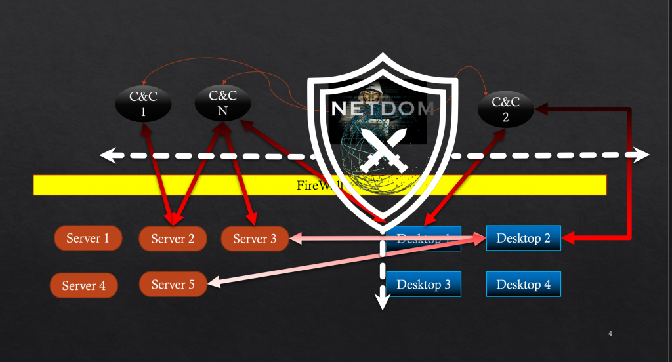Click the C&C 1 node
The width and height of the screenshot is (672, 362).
(142, 104)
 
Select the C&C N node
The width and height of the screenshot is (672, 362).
(223, 103)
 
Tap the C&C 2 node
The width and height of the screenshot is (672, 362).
(506, 109)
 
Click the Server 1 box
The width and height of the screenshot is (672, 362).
(88, 238)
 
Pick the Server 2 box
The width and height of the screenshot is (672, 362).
(173, 239)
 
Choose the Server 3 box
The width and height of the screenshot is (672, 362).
(255, 239)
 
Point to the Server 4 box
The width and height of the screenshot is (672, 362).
(83, 285)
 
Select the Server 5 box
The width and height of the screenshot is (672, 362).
(173, 284)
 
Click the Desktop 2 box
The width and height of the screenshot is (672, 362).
(523, 238)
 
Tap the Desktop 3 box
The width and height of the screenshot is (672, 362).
(423, 285)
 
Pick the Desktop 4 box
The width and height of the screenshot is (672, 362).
(523, 285)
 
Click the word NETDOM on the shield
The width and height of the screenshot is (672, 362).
(383, 108)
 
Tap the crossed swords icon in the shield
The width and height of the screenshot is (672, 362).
(383, 148)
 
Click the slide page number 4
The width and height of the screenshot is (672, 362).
(610, 334)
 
